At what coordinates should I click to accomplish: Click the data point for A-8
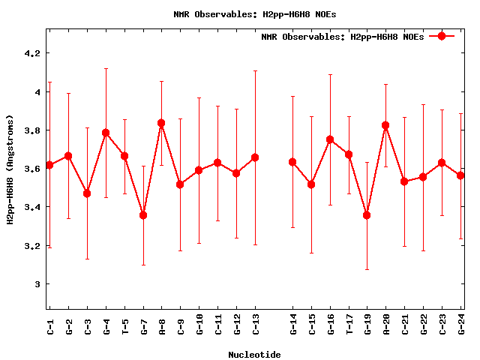click(x=162, y=123)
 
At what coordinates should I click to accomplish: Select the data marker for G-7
click(x=143, y=215)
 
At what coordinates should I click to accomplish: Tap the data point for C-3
click(x=87, y=193)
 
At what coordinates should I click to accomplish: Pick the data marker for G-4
click(x=106, y=133)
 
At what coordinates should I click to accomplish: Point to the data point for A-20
click(x=386, y=125)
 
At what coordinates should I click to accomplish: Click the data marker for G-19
click(x=367, y=215)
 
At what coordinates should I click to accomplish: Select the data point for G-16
click(x=330, y=139)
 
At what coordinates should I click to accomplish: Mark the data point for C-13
click(x=255, y=157)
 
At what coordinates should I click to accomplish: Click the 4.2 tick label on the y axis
click(x=31, y=54)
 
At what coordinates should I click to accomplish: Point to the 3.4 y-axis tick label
click(x=31, y=207)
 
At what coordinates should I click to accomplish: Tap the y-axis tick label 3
click(x=37, y=284)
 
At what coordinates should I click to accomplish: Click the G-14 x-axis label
click(x=292, y=325)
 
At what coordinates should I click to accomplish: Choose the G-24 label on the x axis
click(x=461, y=325)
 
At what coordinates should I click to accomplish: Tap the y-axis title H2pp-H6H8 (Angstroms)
click(x=10, y=169)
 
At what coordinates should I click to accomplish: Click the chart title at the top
click(x=254, y=13)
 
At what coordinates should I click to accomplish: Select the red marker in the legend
click(x=442, y=36)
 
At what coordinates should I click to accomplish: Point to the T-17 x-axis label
click(x=349, y=325)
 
